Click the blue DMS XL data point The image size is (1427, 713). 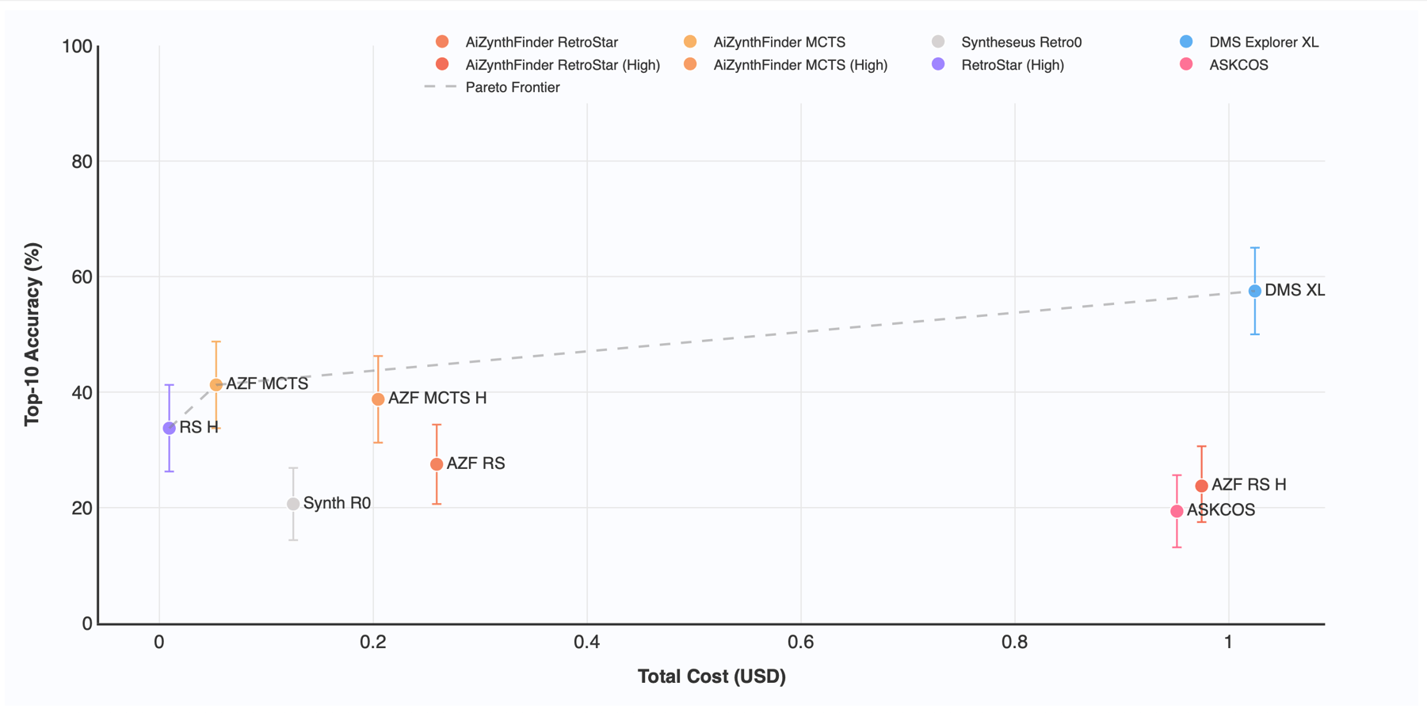1254,291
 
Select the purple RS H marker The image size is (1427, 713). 169,428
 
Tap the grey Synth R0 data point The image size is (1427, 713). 293,504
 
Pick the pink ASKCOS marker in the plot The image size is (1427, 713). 1177,511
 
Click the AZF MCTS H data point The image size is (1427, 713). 378,399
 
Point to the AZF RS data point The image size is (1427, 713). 437,464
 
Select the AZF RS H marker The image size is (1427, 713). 1201,486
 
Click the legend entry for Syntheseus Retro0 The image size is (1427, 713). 1021,42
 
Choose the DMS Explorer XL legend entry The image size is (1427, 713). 1263,42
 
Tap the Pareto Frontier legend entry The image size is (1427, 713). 512,87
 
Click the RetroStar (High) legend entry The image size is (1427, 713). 1012,65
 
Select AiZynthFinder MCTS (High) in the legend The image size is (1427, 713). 799,65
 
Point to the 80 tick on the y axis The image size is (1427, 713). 82,162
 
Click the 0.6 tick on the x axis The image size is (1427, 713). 800,642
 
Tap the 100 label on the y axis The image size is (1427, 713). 77,47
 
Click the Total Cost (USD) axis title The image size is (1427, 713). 712,677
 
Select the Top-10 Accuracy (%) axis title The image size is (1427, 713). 32,334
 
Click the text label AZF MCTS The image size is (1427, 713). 267,383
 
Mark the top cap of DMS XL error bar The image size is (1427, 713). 1254,248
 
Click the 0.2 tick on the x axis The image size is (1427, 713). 372,642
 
